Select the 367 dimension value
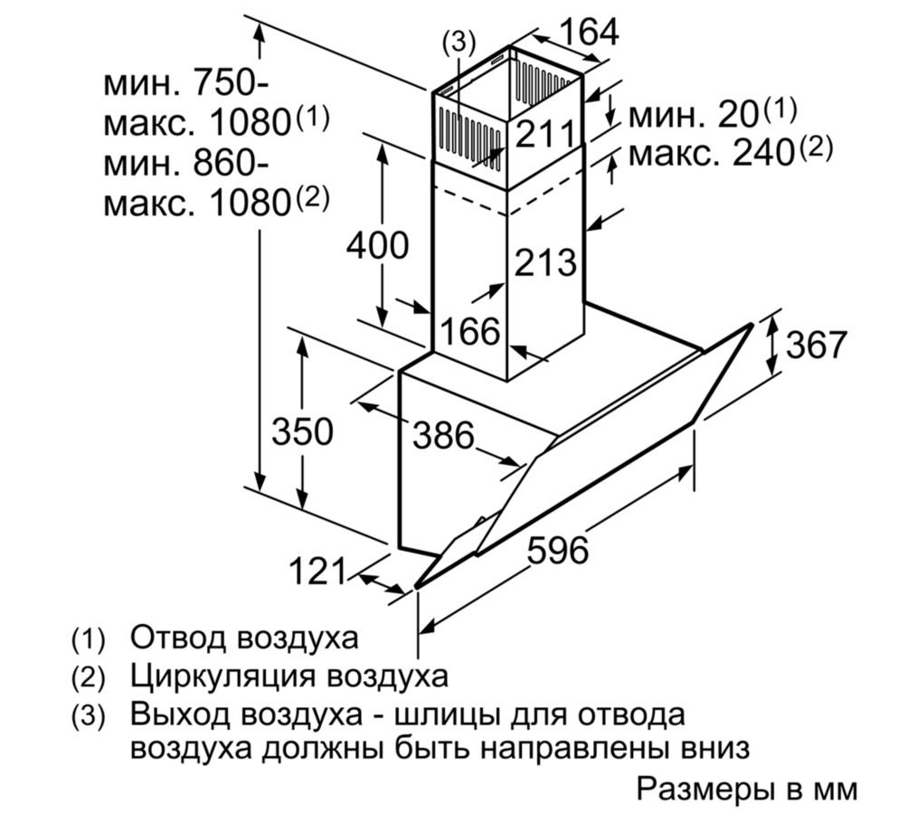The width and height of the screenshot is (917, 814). click(816, 345)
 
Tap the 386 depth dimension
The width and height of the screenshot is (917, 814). click(443, 436)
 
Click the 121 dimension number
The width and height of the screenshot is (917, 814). click(317, 571)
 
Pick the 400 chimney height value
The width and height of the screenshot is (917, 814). click(378, 245)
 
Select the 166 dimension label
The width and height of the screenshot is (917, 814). click(469, 332)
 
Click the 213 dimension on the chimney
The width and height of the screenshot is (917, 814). click(545, 263)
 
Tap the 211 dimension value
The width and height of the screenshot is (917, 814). click(545, 135)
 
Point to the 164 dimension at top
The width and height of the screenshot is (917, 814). click(588, 33)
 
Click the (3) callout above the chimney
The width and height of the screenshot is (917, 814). click(458, 42)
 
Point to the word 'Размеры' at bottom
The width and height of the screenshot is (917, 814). click(704, 789)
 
